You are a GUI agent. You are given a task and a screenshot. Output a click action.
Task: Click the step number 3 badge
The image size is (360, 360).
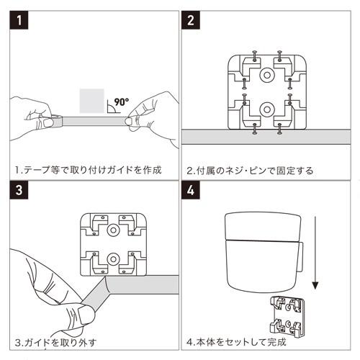(x=19, y=192)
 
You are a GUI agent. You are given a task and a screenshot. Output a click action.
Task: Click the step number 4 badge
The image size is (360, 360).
(x=191, y=192)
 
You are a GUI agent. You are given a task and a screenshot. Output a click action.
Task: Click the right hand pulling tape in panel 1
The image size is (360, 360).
(x=148, y=115)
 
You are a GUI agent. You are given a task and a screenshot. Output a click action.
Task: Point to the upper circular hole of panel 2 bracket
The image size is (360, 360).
(x=266, y=75)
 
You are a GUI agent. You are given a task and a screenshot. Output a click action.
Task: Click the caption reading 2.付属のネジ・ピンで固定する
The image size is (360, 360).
(x=249, y=171)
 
